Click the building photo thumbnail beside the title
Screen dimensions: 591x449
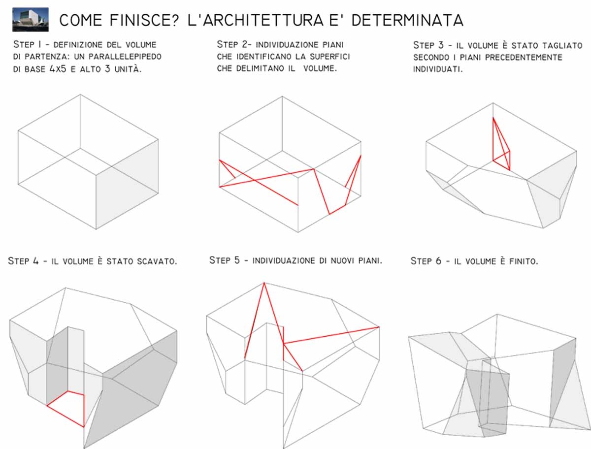pos(31,20)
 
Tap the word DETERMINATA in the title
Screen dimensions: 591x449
pos(407,20)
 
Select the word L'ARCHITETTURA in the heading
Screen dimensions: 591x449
pos(255,20)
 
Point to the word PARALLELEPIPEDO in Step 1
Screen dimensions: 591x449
pos(125,57)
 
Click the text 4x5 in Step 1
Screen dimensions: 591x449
pos(58,69)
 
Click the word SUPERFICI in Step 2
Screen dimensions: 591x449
pos(330,57)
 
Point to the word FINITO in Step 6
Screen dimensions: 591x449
pos(524,261)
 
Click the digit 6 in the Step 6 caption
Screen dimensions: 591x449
pos(438,261)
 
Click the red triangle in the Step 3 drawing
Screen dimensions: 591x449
pos(501,144)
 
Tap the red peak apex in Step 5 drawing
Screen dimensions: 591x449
pos(264,283)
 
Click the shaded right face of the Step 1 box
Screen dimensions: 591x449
pos(127,184)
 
